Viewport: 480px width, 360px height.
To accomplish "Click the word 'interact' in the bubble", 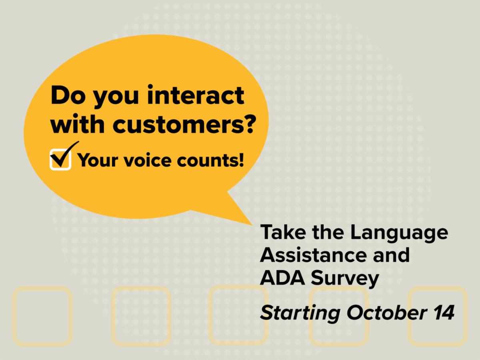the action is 196,96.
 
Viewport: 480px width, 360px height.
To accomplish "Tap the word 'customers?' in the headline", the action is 184,124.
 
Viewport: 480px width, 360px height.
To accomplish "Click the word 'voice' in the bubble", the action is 148,160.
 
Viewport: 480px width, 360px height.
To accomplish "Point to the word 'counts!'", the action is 210,160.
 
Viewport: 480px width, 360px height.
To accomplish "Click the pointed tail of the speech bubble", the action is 252,225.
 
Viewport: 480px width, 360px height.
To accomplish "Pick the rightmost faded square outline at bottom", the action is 408,316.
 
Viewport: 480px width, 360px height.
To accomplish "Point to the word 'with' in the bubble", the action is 78,124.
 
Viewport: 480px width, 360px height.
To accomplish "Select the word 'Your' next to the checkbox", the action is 98,160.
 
